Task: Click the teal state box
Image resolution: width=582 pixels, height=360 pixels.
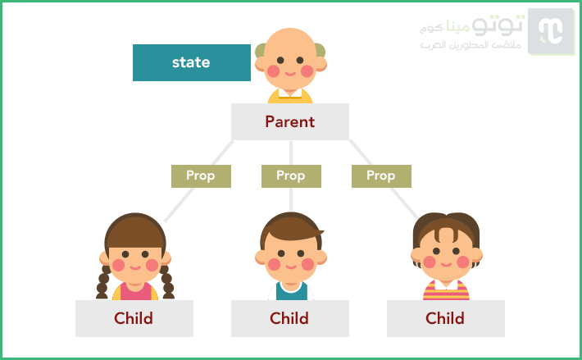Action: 192,62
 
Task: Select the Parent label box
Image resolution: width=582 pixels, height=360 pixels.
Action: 290,121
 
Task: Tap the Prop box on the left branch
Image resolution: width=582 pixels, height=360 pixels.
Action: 201,176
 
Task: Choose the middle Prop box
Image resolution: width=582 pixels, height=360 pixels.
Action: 291,176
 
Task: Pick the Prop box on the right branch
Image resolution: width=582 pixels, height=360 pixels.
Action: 381,176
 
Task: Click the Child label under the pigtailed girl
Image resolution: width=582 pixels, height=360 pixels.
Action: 134,318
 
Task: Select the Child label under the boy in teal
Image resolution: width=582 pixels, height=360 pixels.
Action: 290,318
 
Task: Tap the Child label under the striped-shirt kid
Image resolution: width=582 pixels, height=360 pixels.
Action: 445,318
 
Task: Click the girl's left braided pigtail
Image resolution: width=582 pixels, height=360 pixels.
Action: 102,282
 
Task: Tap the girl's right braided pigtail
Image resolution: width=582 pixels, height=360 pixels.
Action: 167,282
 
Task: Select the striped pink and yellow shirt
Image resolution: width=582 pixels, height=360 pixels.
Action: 446,291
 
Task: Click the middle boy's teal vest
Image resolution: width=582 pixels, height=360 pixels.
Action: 291,294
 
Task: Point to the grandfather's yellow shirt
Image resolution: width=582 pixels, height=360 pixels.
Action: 290,98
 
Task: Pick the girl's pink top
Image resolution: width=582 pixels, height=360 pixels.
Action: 135,292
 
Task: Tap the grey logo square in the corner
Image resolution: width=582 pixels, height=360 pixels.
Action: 551,31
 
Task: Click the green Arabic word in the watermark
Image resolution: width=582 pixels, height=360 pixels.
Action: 458,26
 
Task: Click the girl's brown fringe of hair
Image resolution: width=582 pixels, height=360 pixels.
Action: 135,231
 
